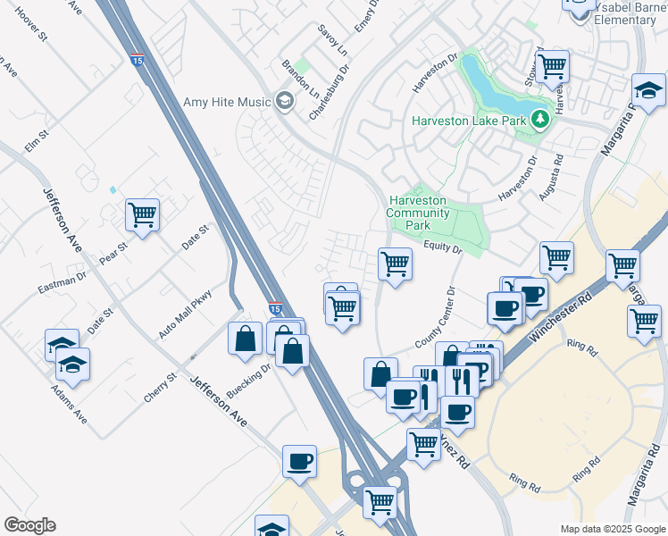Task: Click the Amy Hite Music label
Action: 227,102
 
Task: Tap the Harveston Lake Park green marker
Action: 539,119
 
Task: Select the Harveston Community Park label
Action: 418,214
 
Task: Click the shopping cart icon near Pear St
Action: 142,214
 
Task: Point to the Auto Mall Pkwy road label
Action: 186,314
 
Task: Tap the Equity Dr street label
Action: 442,247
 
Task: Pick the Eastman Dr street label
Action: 62,285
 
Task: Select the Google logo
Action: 29,525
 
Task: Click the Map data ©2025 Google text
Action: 612,529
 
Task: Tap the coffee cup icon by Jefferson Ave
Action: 299,461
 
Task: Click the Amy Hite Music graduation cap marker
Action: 285,101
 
